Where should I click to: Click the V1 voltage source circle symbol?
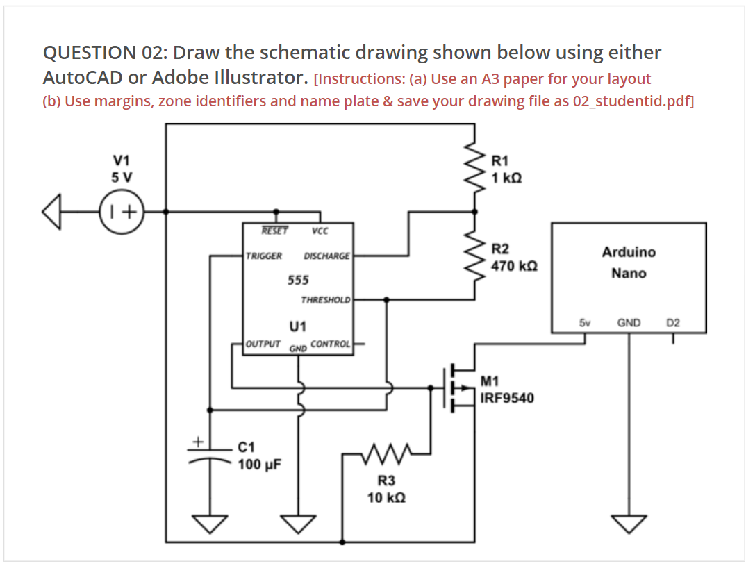122,210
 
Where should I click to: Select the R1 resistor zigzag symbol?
475,167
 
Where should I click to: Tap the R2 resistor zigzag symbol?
475,256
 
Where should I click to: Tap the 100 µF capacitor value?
259,464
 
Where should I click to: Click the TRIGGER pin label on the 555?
264,256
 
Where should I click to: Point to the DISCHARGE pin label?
326,256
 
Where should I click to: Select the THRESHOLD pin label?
326,300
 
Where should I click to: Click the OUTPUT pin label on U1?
263,344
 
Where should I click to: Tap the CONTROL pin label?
331,344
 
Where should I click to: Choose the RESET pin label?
275,231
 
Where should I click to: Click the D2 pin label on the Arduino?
673,323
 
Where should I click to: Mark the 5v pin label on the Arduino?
584,323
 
